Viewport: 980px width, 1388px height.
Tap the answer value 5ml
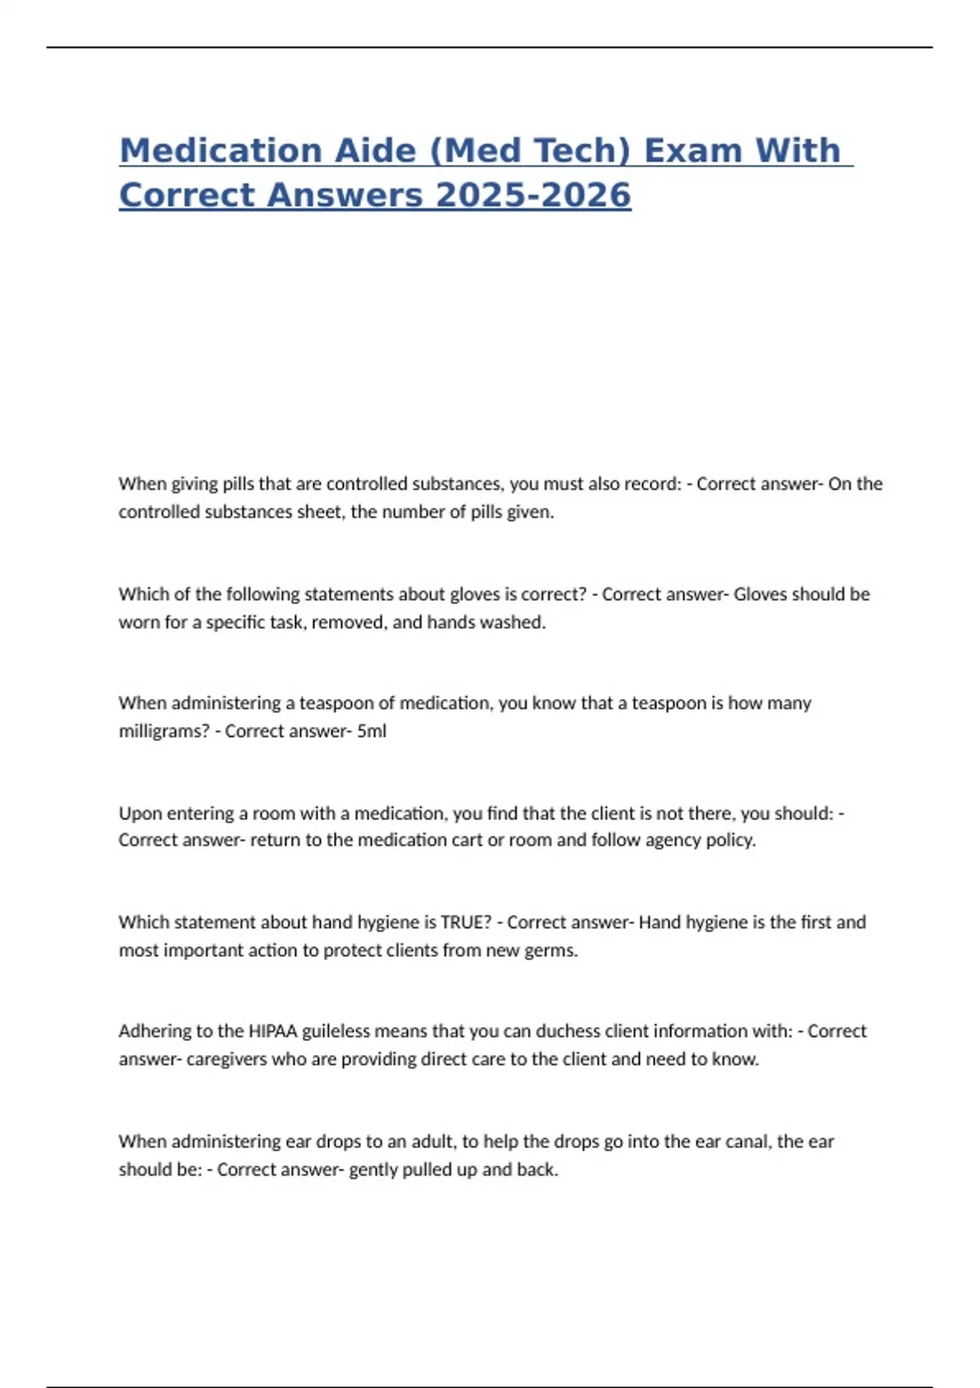point(372,732)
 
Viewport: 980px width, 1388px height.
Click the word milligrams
point(164,732)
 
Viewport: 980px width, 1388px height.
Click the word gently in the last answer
point(374,1170)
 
